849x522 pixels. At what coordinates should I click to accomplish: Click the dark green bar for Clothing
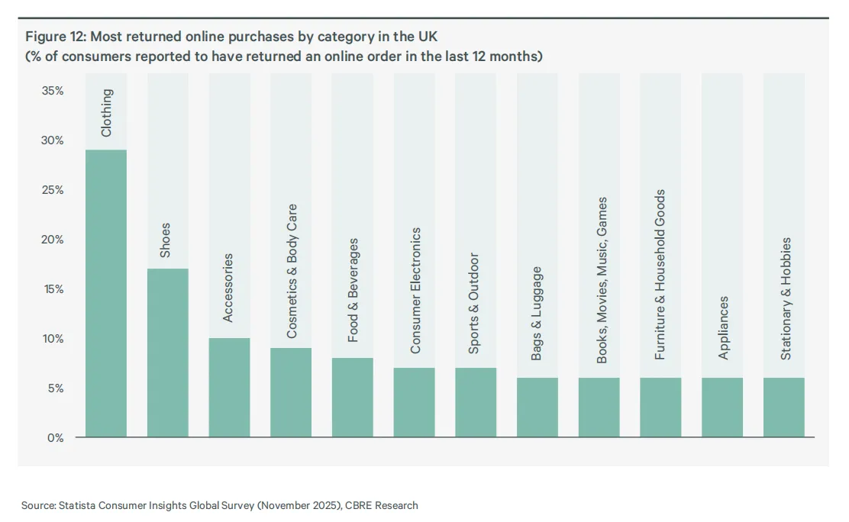[106, 293]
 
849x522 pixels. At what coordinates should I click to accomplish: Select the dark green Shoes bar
[168, 353]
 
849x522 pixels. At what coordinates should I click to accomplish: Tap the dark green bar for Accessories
[230, 387]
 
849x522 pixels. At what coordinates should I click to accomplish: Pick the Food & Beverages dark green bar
[353, 397]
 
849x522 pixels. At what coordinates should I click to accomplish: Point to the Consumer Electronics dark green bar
[415, 401]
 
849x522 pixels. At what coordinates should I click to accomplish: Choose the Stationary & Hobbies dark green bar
[784, 407]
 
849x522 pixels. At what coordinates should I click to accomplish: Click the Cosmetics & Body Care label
[292, 271]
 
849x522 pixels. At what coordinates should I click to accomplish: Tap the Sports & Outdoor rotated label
[474, 303]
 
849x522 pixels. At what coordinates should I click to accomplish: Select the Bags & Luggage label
[536, 314]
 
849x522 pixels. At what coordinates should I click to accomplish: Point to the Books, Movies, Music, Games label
[602, 280]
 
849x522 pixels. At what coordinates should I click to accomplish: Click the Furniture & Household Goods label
[660, 275]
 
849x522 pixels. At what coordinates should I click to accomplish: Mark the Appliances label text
[723, 327]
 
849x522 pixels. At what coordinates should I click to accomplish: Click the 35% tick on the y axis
[53, 90]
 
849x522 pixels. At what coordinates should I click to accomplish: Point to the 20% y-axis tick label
[53, 240]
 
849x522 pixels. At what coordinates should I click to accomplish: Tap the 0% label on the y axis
[55, 437]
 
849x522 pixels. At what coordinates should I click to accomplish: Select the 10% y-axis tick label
[53, 338]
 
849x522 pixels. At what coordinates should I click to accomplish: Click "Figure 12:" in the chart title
[56, 37]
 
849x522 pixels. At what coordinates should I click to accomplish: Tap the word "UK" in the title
[428, 37]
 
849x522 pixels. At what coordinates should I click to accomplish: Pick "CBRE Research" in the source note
[382, 505]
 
